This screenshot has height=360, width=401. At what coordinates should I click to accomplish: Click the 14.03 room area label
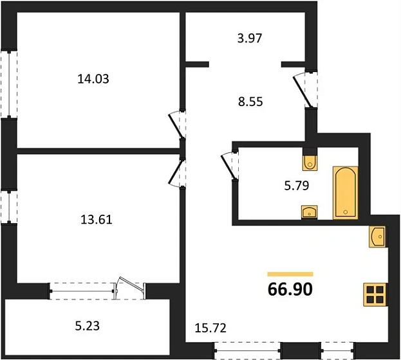(93, 80)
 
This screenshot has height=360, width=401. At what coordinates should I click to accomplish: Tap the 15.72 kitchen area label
(210, 328)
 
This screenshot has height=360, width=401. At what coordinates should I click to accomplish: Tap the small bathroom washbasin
(309, 212)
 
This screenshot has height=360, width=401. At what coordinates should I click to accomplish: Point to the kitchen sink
(378, 237)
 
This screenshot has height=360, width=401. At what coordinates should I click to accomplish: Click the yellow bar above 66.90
(290, 274)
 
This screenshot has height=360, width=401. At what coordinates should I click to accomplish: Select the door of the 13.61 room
(175, 172)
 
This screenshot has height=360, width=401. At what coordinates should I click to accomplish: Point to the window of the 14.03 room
(8, 84)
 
